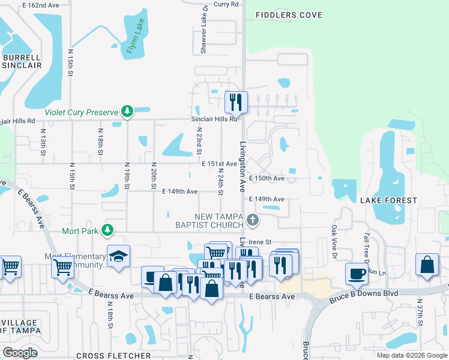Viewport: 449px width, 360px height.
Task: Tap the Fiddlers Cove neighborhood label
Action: [x=288, y=15]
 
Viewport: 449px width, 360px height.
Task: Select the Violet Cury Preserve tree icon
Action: [x=127, y=111]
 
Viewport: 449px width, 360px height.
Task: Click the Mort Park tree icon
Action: [x=107, y=230]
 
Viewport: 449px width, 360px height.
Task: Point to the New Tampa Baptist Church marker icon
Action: [x=253, y=220]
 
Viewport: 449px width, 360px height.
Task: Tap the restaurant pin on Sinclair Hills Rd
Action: [x=236, y=102]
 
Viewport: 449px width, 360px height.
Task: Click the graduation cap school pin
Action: [x=119, y=257]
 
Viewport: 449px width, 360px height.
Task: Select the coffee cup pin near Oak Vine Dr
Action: [x=357, y=273]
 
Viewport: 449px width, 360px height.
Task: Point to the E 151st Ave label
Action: [x=219, y=164]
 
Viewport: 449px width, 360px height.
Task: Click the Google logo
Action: [x=20, y=352]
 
